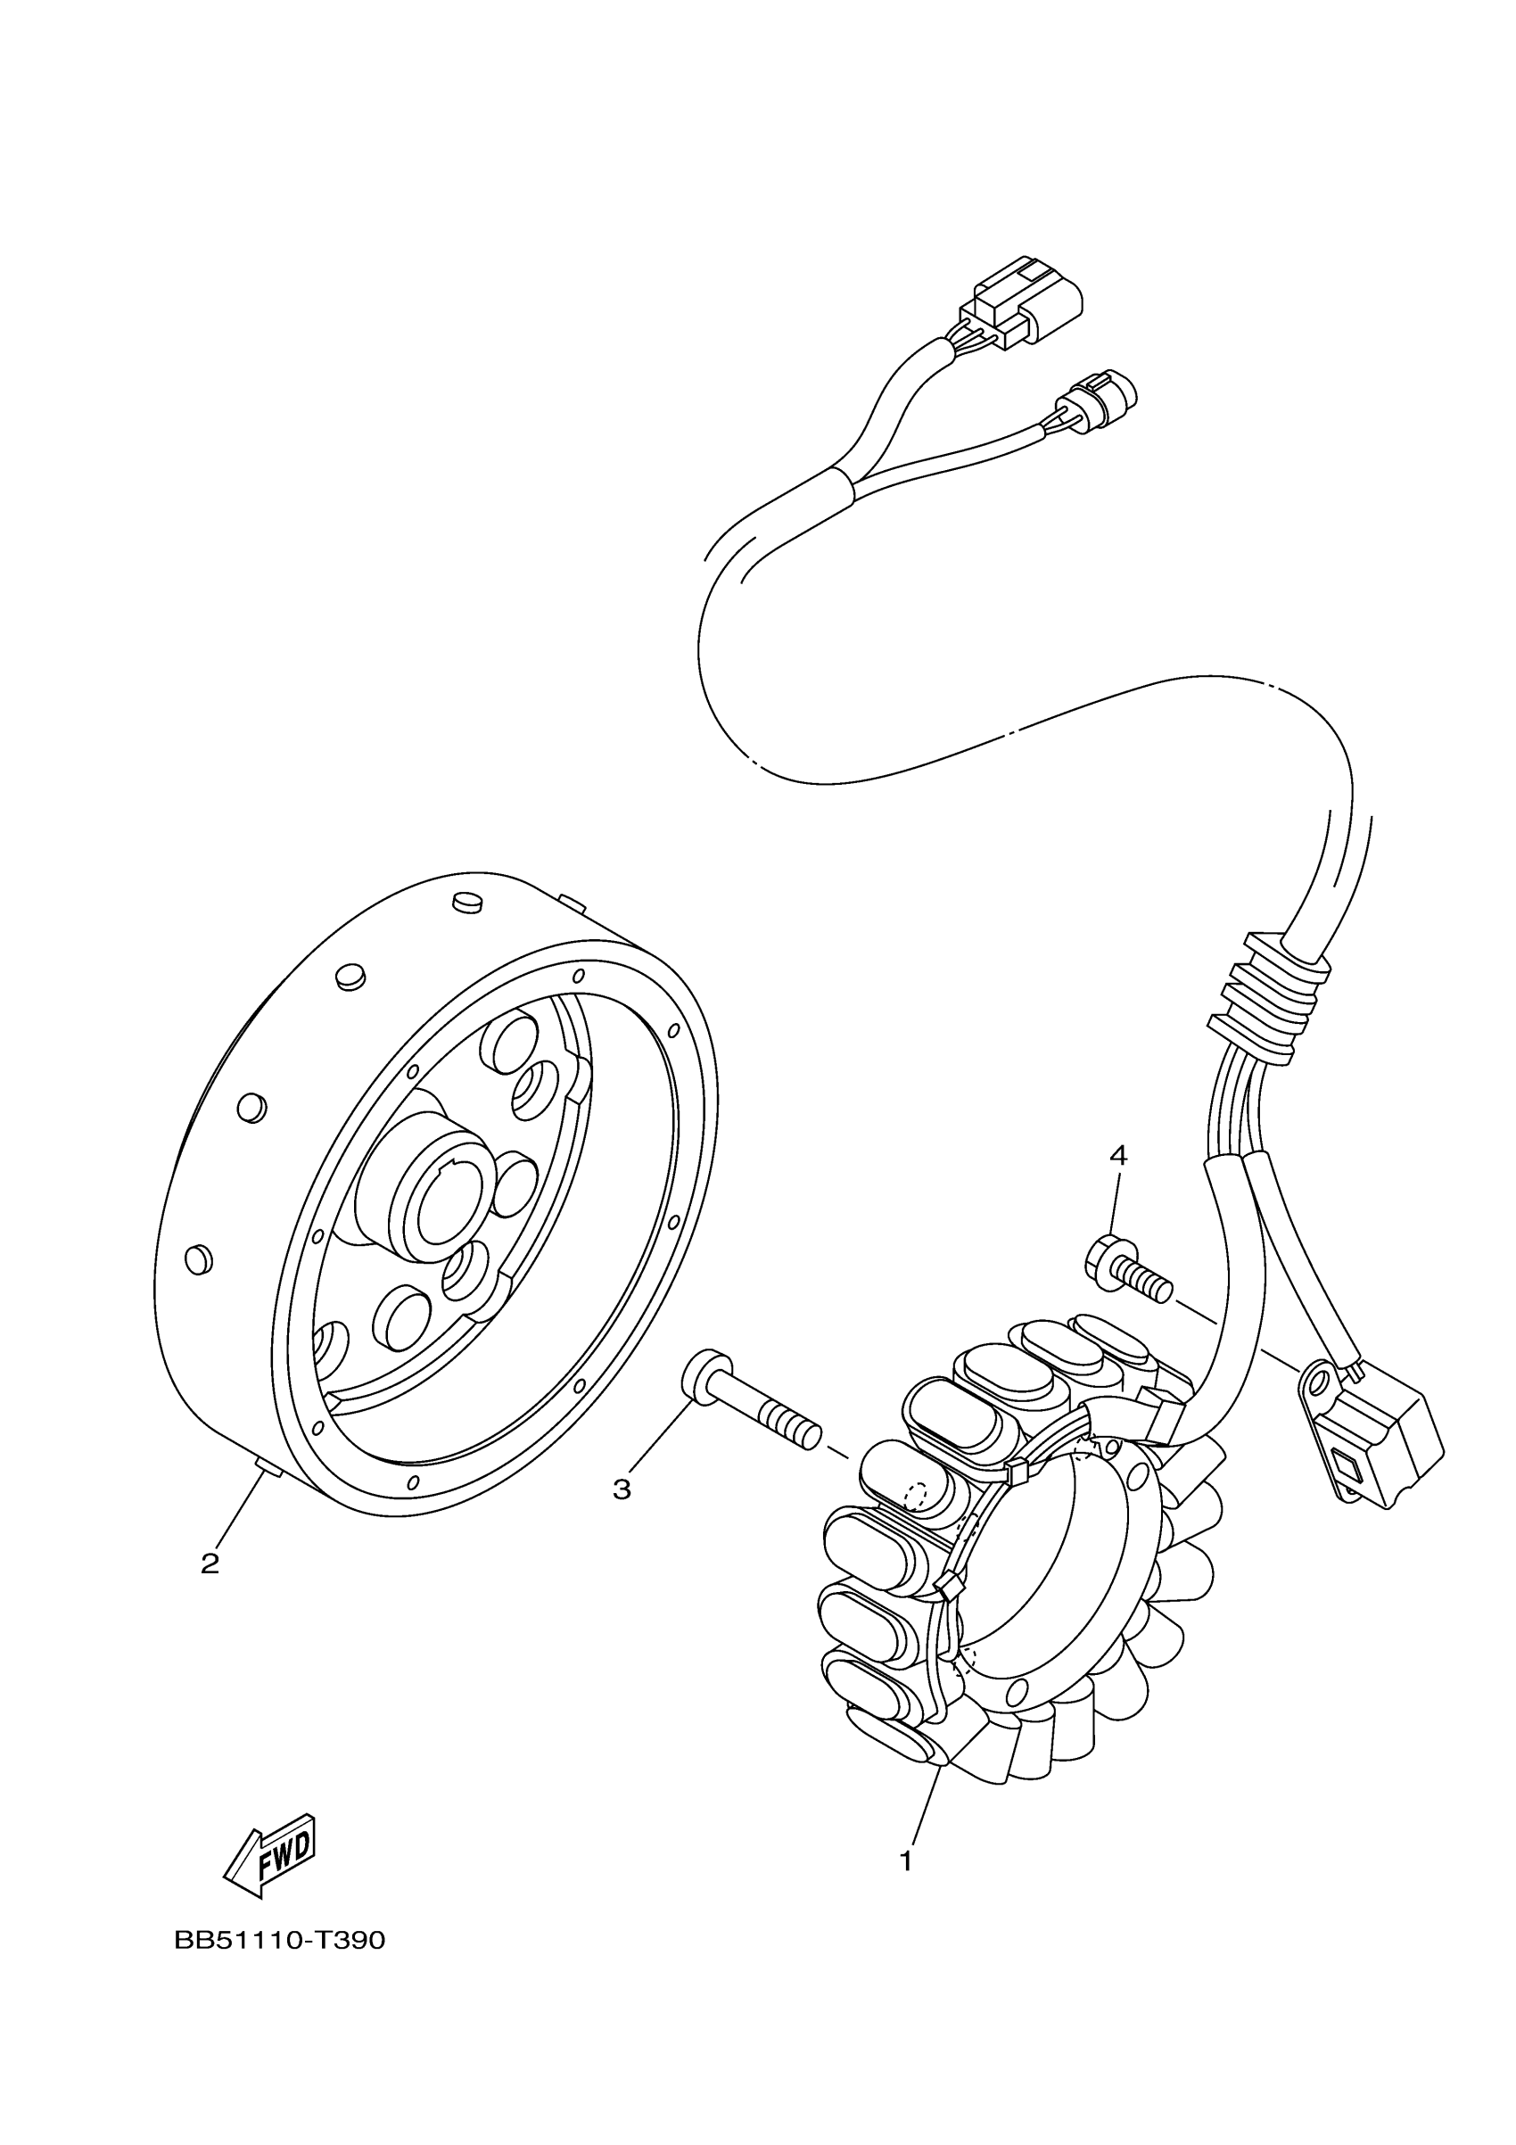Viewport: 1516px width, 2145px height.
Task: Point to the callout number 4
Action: pyautogui.click(x=1118, y=1156)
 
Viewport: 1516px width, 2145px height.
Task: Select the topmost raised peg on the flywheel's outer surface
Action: pyautogui.click(x=466, y=902)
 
